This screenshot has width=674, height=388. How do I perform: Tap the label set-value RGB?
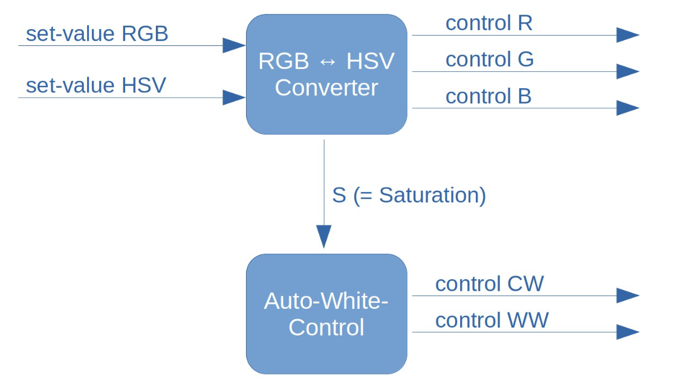[x=97, y=34]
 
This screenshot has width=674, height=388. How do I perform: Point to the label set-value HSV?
[x=96, y=86]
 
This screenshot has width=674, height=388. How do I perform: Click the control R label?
[x=489, y=23]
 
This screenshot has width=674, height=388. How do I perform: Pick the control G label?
[x=490, y=59]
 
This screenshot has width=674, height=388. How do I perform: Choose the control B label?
[x=488, y=96]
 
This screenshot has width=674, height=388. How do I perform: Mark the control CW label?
[x=490, y=283]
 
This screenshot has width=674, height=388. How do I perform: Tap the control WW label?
[x=492, y=320]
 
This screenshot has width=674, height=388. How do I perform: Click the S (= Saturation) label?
[x=409, y=195]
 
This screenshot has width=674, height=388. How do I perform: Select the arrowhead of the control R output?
[x=627, y=35]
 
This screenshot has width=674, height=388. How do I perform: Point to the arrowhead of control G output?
[x=627, y=71]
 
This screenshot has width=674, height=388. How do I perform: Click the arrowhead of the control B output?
[x=627, y=108]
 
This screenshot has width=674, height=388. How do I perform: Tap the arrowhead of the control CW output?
[x=627, y=296]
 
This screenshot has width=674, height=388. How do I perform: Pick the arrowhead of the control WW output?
[x=627, y=332]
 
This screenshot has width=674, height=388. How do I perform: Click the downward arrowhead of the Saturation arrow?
[x=324, y=236]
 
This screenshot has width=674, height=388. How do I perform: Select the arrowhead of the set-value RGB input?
[x=234, y=45]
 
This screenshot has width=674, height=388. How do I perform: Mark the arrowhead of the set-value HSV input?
[x=234, y=97]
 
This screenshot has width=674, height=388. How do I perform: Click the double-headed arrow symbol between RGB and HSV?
[x=328, y=62]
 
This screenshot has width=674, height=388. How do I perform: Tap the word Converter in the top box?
[x=326, y=88]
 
